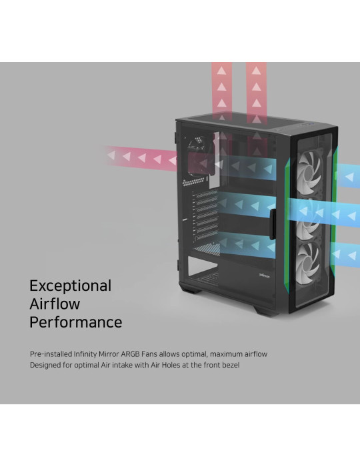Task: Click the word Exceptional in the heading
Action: [71, 286]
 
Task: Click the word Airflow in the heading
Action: [55, 304]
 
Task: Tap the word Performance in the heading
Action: [76, 322]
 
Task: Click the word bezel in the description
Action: [231, 365]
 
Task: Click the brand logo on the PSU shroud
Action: [264, 275]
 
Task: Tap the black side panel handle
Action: [272, 224]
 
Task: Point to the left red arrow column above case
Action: [221, 92]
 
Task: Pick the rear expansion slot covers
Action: [205, 215]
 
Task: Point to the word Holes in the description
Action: [171, 365]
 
